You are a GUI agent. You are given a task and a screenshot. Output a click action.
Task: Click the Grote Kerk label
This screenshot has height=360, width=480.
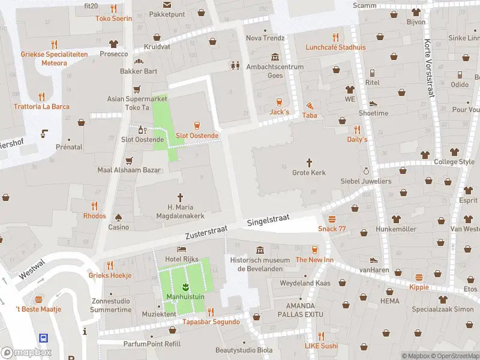click(x=309, y=173)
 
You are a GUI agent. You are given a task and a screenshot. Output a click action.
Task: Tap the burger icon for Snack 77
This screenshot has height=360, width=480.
click(x=332, y=218)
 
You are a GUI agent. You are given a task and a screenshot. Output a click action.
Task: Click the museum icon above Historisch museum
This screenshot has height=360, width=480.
click(x=260, y=250)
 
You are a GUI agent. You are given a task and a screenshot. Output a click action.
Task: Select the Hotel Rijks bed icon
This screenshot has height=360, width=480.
click(x=181, y=249)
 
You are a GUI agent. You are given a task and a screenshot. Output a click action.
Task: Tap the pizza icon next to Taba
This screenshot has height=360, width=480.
click(x=310, y=104)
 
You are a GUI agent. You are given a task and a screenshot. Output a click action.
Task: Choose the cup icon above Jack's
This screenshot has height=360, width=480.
click(x=279, y=101)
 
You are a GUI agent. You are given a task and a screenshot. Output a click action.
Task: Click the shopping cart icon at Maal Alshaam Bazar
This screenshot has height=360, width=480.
click(x=129, y=160)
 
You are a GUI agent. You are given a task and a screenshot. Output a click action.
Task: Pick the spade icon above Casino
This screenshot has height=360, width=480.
click(x=118, y=217)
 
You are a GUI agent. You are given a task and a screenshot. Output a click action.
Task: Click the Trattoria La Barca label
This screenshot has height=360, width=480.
click(x=42, y=107)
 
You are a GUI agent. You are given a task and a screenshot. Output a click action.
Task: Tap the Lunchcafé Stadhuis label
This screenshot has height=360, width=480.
click(x=335, y=47)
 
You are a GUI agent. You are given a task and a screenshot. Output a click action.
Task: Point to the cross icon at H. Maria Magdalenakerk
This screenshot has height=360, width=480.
click(x=180, y=197)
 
